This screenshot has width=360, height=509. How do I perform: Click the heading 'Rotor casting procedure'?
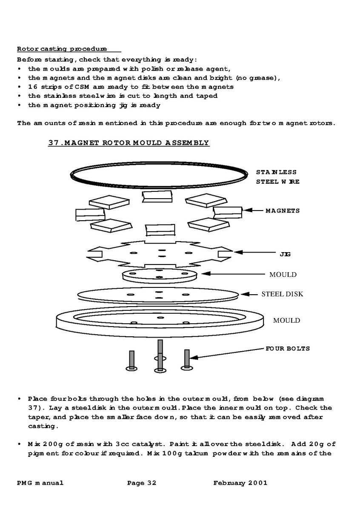(x=62, y=49)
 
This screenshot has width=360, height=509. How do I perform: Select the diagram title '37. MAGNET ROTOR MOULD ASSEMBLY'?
(x=129, y=143)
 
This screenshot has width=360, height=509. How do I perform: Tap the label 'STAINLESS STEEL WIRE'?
(x=277, y=177)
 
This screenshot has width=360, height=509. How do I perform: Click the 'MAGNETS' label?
(x=283, y=210)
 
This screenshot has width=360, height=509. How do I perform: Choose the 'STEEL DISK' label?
(x=282, y=294)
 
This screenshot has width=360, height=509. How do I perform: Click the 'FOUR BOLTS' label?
(x=288, y=349)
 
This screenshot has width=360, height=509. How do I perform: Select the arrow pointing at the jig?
(x=251, y=253)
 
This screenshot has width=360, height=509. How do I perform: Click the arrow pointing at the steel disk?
(x=250, y=294)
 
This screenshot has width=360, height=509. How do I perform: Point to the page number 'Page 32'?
(x=142, y=483)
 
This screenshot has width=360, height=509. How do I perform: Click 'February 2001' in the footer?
(x=240, y=483)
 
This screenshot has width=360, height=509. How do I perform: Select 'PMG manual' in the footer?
(x=40, y=483)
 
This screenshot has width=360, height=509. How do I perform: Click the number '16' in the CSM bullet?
(x=33, y=87)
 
